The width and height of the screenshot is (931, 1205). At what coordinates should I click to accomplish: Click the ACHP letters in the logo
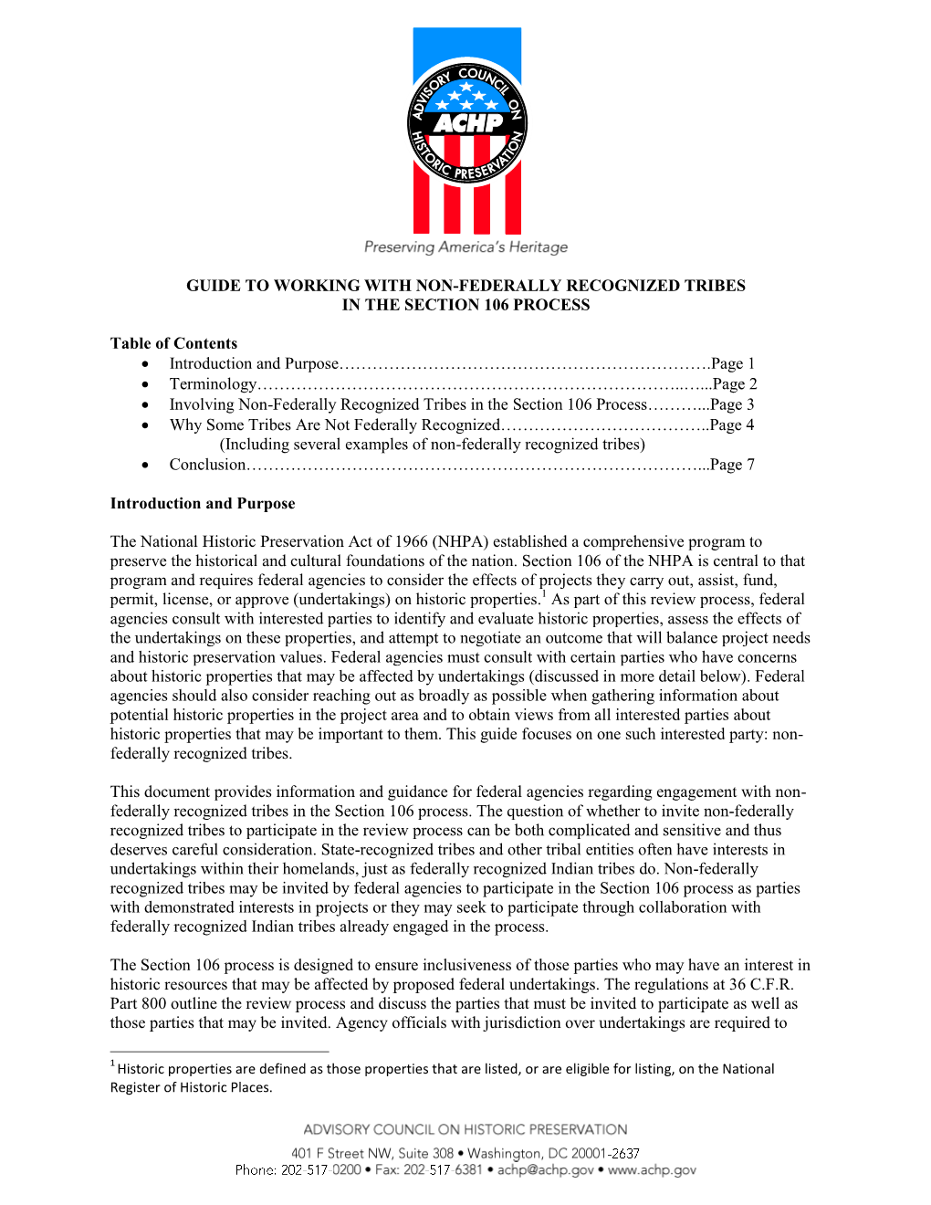(467, 122)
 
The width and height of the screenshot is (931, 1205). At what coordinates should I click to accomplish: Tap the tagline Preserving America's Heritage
(465, 246)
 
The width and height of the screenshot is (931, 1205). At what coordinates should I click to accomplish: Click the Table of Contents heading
(173, 343)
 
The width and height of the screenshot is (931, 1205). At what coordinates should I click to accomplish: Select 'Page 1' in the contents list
(733, 363)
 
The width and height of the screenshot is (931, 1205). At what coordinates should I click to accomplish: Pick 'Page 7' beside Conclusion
(733, 465)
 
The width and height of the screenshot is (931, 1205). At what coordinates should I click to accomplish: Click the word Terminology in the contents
(213, 384)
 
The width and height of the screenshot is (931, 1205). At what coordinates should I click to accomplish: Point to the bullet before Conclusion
(145, 465)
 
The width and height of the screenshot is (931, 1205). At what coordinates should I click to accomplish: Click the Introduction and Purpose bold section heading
(203, 503)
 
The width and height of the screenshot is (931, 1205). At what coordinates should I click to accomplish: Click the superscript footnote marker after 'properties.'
(543, 594)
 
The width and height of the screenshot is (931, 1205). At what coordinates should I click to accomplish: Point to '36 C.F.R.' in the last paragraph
(761, 984)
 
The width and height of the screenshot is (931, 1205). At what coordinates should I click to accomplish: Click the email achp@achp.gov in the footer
(545, 1170)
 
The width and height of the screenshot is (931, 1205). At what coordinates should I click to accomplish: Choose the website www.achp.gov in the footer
(652, 1170)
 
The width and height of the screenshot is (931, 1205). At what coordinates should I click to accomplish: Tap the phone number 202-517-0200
(321, 1170)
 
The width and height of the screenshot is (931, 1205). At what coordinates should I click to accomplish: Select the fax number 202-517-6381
(443, 1170)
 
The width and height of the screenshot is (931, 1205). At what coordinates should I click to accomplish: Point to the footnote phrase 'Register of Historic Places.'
(191, 1087)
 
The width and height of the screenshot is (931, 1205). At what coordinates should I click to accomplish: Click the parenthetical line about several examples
(432, 445)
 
